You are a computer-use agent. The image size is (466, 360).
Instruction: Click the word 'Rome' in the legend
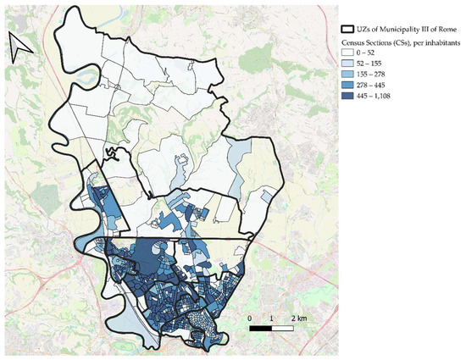tap(450, 29)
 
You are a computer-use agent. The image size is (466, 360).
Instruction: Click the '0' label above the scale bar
tap(251, 317)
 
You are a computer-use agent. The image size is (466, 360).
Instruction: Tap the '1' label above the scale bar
tap(271, 317)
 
